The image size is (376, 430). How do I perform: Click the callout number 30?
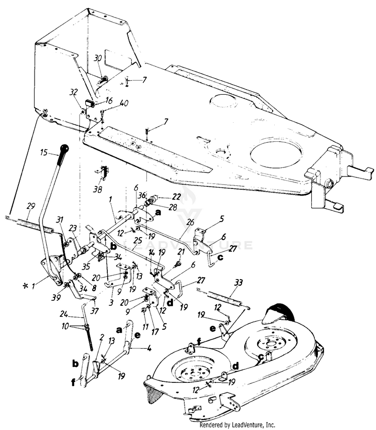tap(98, 58)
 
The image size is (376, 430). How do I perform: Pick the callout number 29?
tap(17, 206)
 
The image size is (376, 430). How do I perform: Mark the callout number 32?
tap(74, 92)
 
